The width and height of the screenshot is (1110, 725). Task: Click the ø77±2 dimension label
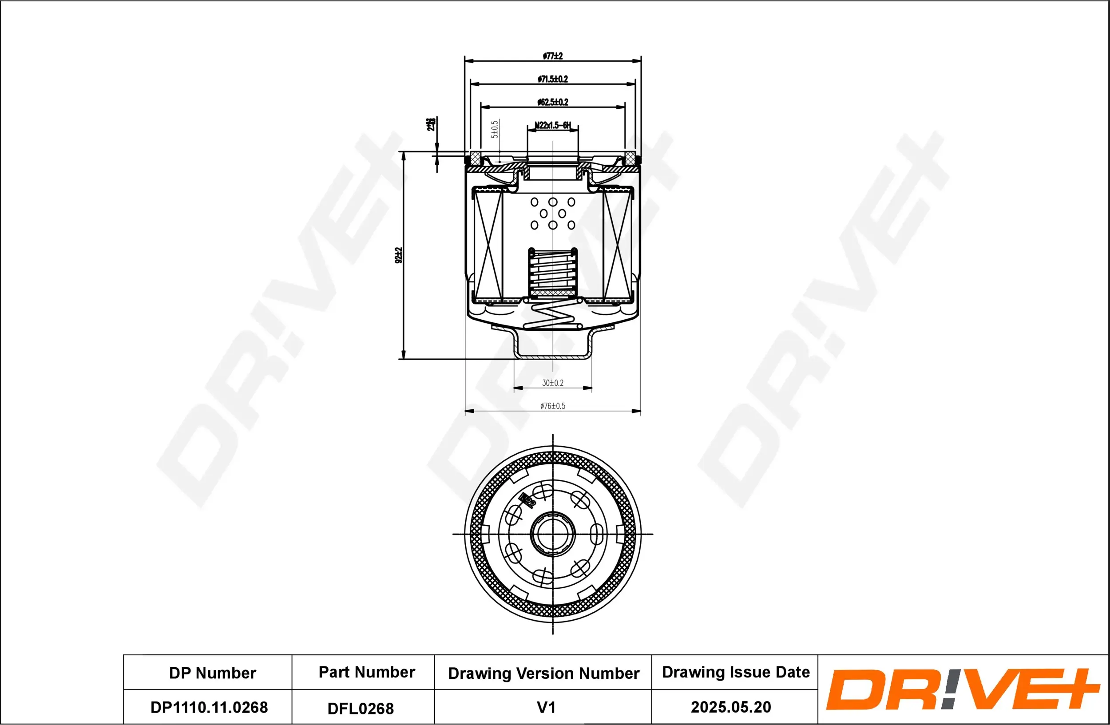click(553, 56)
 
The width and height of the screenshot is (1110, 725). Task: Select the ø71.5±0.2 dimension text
click(553, 79)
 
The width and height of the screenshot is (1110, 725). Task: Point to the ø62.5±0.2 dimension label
click(553, 102)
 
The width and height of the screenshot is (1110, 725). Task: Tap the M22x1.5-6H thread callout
click(553, 125)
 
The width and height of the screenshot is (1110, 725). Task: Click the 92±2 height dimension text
click(398, 255)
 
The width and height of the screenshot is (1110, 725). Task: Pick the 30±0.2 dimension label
click(553, 383)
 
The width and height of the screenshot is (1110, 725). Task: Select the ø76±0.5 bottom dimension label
click(553, 406)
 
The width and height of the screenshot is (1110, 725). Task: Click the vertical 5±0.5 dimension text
click(495, 129)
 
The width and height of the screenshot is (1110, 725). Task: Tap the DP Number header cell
click(212, 673)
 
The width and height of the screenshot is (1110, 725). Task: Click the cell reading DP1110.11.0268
click(209, 707)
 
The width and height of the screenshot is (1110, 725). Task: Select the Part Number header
click(367, 672)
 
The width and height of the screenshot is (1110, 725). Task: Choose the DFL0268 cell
click(361, 709)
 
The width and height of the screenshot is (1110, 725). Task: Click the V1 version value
click(546, 707)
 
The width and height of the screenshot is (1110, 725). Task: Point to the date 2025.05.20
click(731, 707)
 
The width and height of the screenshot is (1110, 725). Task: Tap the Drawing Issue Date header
click(736, 672)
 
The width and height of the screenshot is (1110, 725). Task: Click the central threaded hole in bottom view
click(553, 534)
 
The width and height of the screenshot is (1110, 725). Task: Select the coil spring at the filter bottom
click(553, 317)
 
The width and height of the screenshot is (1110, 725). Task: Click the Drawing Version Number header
click(543, 673)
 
